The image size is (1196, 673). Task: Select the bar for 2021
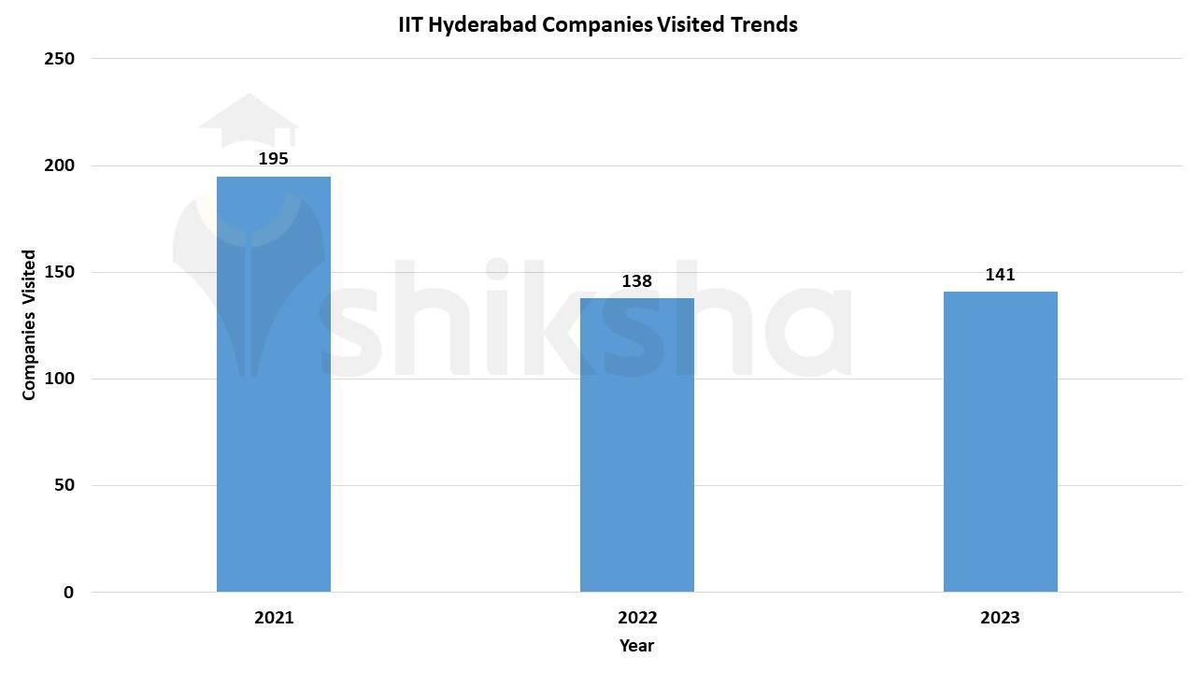pyautogui.click(x=273, y=384)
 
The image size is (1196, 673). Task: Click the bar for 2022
pyautogui.click(x=636, y=445)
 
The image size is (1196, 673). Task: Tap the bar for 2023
pyautogui.click(x=1000, y=441)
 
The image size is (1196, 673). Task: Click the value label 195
pyautogui.click(x=273, y=159)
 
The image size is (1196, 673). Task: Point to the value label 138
pyautogui.click(x=636, y=280)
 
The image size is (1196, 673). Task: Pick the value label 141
pyautogui.click(x=1000, y=275)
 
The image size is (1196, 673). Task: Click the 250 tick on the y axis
pyautogui.click(x=59, y=59)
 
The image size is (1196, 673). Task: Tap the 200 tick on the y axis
pyautogui.click(x=59, y=165)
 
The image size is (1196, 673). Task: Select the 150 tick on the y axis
pyautogui.click(x=59, y=272)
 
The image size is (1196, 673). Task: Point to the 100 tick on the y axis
pyautogui.click(x=59, y=379)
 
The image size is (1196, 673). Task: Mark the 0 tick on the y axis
pyautogui.click(x=68, y=593)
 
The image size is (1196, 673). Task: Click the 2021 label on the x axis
pyautogui.click(x=273, y=618)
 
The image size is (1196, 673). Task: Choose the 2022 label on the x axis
pyautogui.click(x=636, y=618)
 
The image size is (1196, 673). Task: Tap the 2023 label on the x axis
pyautogui.click(x=1000, y=618)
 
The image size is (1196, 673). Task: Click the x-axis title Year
pyautogui.click(x=636, y=646)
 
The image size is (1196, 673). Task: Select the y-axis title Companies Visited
pyautogui.click(x=29, y=325)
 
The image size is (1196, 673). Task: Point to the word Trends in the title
pyautogui.click(x=765, y=25)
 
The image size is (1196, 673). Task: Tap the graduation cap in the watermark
pyautogui.click(x=248, y=120)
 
